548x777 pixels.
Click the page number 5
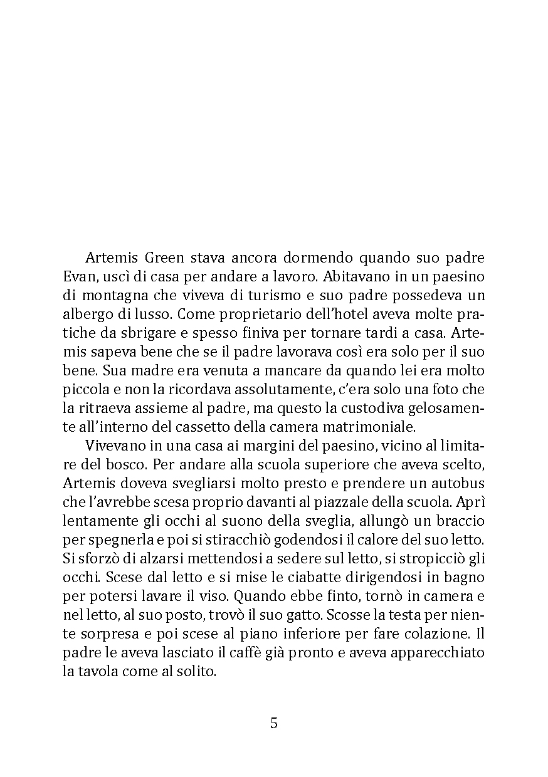coord(273,723)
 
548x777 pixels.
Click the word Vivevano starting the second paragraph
coord(112,446)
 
